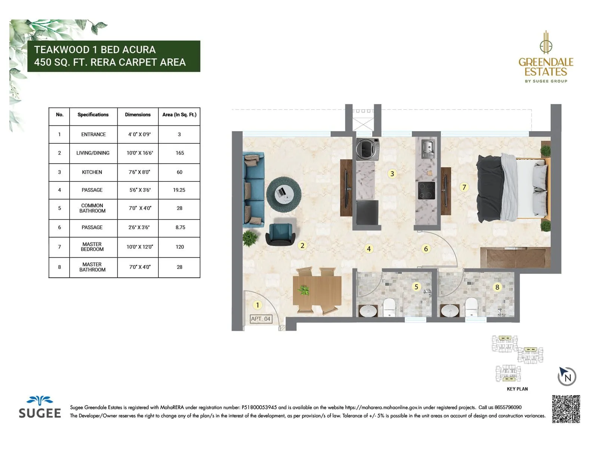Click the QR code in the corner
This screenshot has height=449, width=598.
tap(566, 409)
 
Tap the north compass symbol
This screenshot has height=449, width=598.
tap(567, 376)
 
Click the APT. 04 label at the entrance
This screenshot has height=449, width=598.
tap(261, 319)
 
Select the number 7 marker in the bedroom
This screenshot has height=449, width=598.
tap(464, 187)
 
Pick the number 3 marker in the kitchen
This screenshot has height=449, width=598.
tap(392, 174)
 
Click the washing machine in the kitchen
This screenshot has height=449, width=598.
tap(367, 149)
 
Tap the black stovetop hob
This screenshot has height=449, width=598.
tap(426, 190)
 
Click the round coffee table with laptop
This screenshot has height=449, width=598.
tap(284, 194)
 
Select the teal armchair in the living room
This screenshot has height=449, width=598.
tap(280, 234)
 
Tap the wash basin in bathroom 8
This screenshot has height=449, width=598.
tap(450, 311)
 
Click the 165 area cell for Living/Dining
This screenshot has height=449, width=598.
tap(179, 153)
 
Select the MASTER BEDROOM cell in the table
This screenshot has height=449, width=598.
tap(92, 247)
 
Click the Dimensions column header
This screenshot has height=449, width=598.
tap(138, 114)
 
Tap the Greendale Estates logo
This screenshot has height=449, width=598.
tap(546, 58)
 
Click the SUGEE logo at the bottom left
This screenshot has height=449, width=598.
tap(40, 407)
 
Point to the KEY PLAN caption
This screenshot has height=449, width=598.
tap(517, 389)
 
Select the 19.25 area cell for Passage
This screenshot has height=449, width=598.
tap(179, 190)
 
